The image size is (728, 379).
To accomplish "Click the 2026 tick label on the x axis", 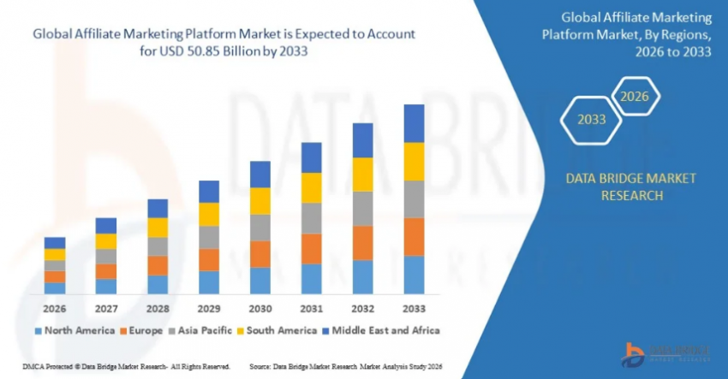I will pyautogui.click(x=55, y=307).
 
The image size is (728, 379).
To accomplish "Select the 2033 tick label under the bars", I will pyautogui.click(x=415, y=307).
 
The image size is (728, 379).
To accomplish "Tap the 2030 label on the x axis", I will pyautogui.click(x=260, y=307).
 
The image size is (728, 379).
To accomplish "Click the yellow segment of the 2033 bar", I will pyautogui.click(x=415, y=162).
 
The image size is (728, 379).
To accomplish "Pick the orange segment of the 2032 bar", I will pyautogui.click(x=363, y=243).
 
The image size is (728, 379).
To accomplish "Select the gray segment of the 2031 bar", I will pyautogui.click(x=312, y=218).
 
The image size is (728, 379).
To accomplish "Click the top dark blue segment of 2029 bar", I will pyautogui.click(x=209, y=192).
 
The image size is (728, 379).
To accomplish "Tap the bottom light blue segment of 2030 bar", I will pyautogui.click(x=260, y=281).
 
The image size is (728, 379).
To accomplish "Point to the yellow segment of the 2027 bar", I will pyautogui.click(x=106, y=241).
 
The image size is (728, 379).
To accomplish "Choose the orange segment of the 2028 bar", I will pyautogui.click(x=158, y=265).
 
